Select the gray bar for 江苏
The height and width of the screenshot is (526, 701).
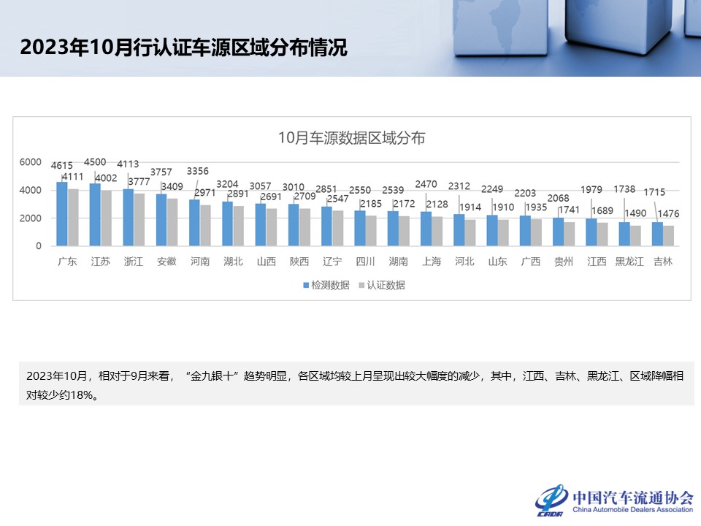(107, 218)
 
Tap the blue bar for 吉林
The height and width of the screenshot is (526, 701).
(657, 235)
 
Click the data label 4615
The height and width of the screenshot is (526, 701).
(62, 166)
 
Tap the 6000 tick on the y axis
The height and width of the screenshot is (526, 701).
(30, 162)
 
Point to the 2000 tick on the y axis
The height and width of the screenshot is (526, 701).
(30, 218)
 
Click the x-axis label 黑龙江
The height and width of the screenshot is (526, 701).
(629, 262)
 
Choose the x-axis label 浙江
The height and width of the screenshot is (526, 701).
(133, 262)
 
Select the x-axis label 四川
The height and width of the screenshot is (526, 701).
(365, 262)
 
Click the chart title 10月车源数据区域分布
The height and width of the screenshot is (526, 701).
(351, 137)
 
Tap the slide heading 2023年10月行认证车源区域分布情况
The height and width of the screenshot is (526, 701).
(183, 47)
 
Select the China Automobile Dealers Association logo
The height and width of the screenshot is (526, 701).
(614, 499)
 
